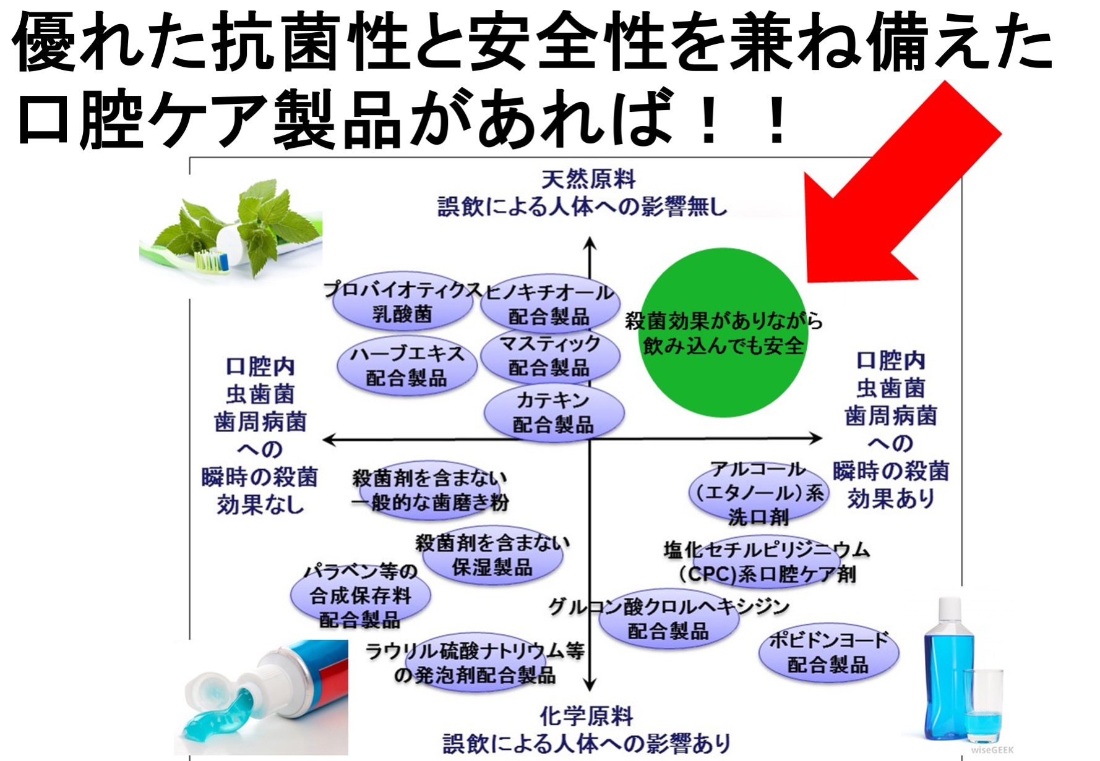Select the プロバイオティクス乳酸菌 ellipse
(402, 303)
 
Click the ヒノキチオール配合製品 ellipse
(549, 304)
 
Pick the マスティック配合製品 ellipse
(549, 356)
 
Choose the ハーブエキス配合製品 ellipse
(406, 366)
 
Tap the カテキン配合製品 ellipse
(553, 412)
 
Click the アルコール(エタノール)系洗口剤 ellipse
(758, 493)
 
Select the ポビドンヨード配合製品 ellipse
(828, 653)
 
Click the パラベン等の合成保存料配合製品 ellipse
(360, 596)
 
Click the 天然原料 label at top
(588, 180)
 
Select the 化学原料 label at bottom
(587, 716)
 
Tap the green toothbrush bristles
(209, 261)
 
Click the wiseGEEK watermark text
(992, 750)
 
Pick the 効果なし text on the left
(260, 506)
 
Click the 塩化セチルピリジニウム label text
(767, 550)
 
